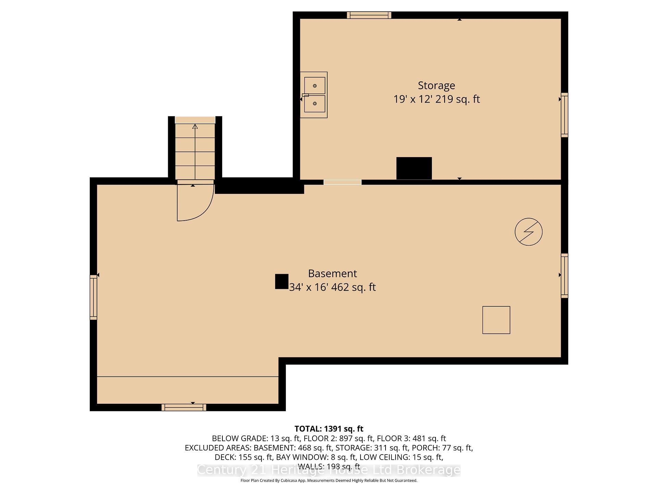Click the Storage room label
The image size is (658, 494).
tap(436, 85)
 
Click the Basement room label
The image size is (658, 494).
tap(332, 273)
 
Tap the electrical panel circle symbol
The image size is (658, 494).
tap(528, 232)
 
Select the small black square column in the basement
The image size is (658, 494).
tap(282, 281)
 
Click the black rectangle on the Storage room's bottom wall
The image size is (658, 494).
tap(414, 168)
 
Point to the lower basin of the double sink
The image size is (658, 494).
tap(315, 104)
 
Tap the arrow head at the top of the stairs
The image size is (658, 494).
tap(195, 126)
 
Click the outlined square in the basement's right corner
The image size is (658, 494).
tap(496, 320)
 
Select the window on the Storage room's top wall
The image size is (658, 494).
tap(369, 15)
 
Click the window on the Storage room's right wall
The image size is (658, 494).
tap(564, 115)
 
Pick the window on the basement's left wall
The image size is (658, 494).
tap(94, 297)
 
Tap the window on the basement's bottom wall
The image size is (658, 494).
tap(184, 407)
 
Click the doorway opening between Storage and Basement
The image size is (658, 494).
tap(342, 182)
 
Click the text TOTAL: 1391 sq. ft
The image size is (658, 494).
tap(329, 429)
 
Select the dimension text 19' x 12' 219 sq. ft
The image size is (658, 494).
tap(436, 99)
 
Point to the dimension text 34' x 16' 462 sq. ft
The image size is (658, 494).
tap(332, 287)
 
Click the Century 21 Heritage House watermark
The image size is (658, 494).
tap(329, 470)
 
